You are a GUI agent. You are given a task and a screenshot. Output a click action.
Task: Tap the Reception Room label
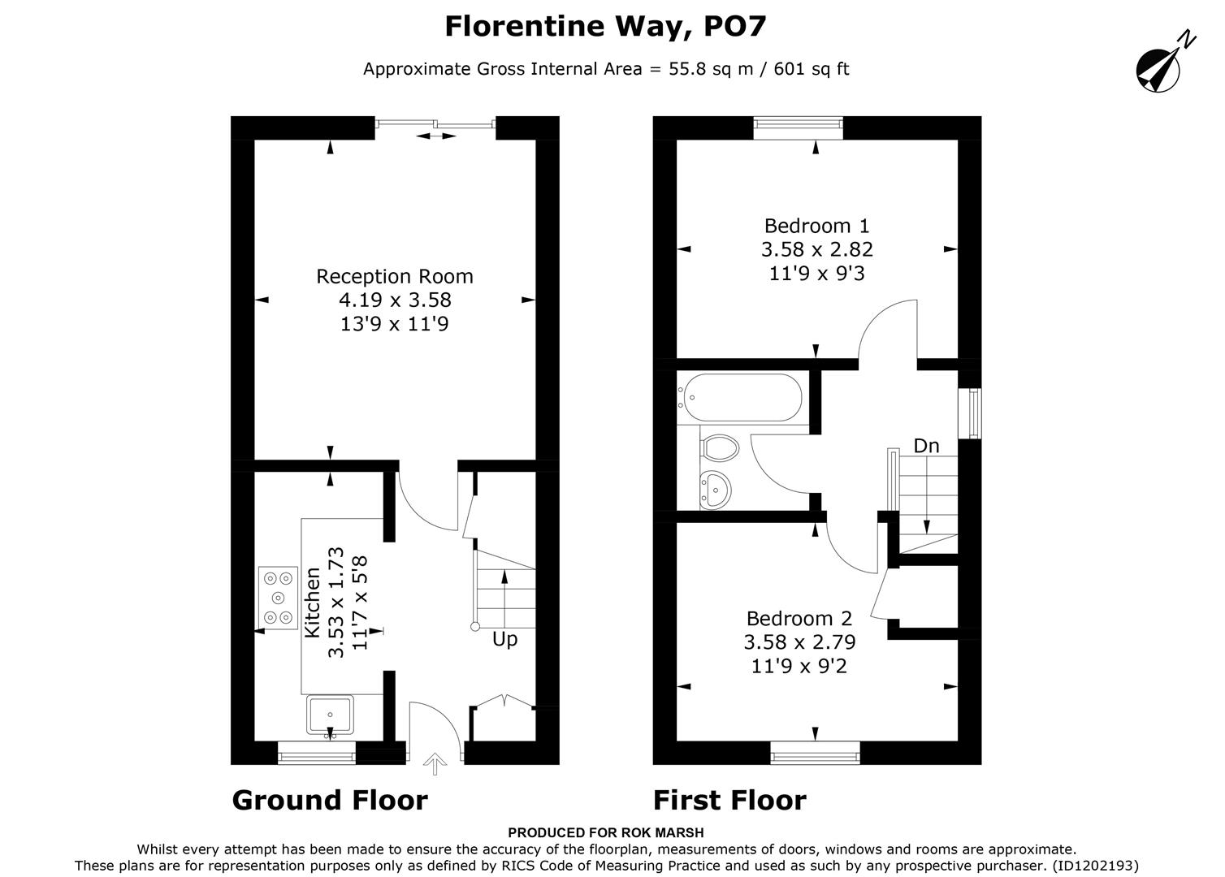click(x=395, y=277)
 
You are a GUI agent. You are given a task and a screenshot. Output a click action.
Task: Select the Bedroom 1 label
click(x=816, y=226)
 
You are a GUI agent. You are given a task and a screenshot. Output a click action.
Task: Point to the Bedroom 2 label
click(x=799, y=619)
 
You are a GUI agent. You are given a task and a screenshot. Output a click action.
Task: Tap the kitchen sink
click(x=330, y=715)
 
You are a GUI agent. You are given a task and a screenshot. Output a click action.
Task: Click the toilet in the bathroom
click(x=719, y=447)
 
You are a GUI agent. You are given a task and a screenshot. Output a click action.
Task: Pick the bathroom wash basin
click(x=716, y=490)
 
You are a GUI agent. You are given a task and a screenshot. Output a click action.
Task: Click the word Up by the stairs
click(x=504, y=640)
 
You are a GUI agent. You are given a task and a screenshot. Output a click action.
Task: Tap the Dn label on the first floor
click(x=926, y=446)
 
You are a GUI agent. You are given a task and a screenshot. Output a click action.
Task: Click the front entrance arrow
click(x=435, y=763)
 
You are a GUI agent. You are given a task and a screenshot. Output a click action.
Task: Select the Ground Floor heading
click(x=330, y=801)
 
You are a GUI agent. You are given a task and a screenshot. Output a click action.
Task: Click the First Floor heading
click(x=729, y=801)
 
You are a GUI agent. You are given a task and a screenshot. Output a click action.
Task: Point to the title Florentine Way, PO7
click(x=605, y=27)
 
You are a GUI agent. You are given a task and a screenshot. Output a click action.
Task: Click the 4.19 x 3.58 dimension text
click(x=395, y=300)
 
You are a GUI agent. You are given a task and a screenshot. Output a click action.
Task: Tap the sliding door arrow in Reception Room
click(x=437, y=136)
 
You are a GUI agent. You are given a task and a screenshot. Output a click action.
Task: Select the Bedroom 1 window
click(x=798, y=123)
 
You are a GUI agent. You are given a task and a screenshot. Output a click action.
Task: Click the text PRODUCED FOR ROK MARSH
click(x=605, y=832)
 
